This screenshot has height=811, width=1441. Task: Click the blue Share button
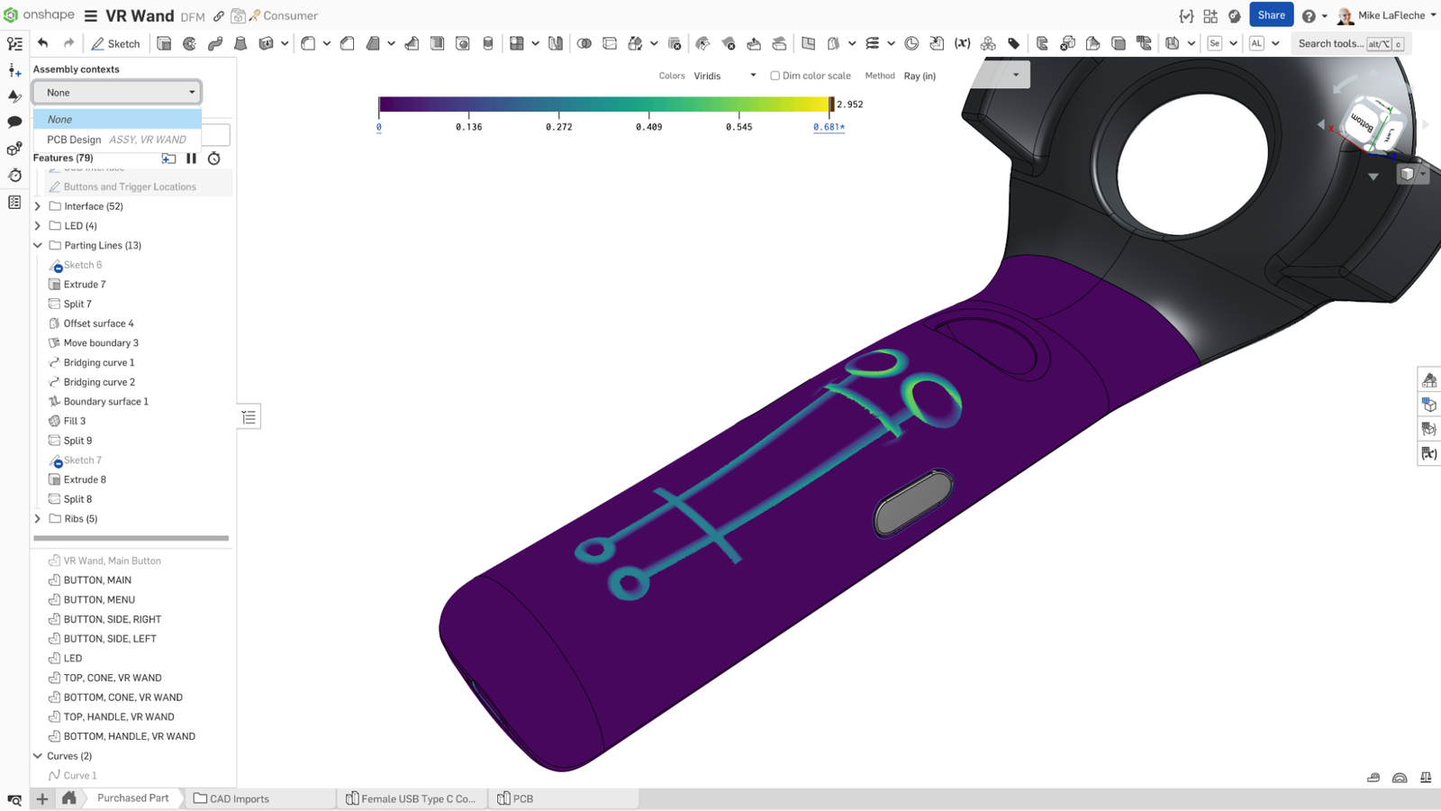tap(1271, 15)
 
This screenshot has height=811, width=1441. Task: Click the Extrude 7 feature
tap(85, 285)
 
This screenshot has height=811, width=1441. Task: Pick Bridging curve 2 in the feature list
tap(99, 382)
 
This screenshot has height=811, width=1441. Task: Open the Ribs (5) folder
tap(38, 519)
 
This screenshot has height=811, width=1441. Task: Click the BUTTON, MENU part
tap(99, 600)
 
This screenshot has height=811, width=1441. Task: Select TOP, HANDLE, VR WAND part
tap(119, 717)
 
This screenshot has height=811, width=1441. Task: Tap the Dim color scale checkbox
tap(775, 76)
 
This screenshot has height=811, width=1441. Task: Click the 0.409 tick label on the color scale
tap(648, 127)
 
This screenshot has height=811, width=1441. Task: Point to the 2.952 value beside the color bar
tap(849, 105)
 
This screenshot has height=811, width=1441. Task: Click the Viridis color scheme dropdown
tap(724, 76)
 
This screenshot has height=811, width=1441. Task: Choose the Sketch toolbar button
tap(115, 43)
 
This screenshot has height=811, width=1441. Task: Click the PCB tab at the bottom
tap(522, 798)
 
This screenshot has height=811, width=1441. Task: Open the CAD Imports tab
tap(239, 798)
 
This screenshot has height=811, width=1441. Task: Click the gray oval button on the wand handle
tap(913, 503)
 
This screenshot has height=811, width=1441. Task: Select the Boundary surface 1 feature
tap(105, 402)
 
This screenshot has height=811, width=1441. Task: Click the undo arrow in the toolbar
tap(42, 43)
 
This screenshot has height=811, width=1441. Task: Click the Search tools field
tap(1330, 43)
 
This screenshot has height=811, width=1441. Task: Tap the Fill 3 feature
tap(75, 421)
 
